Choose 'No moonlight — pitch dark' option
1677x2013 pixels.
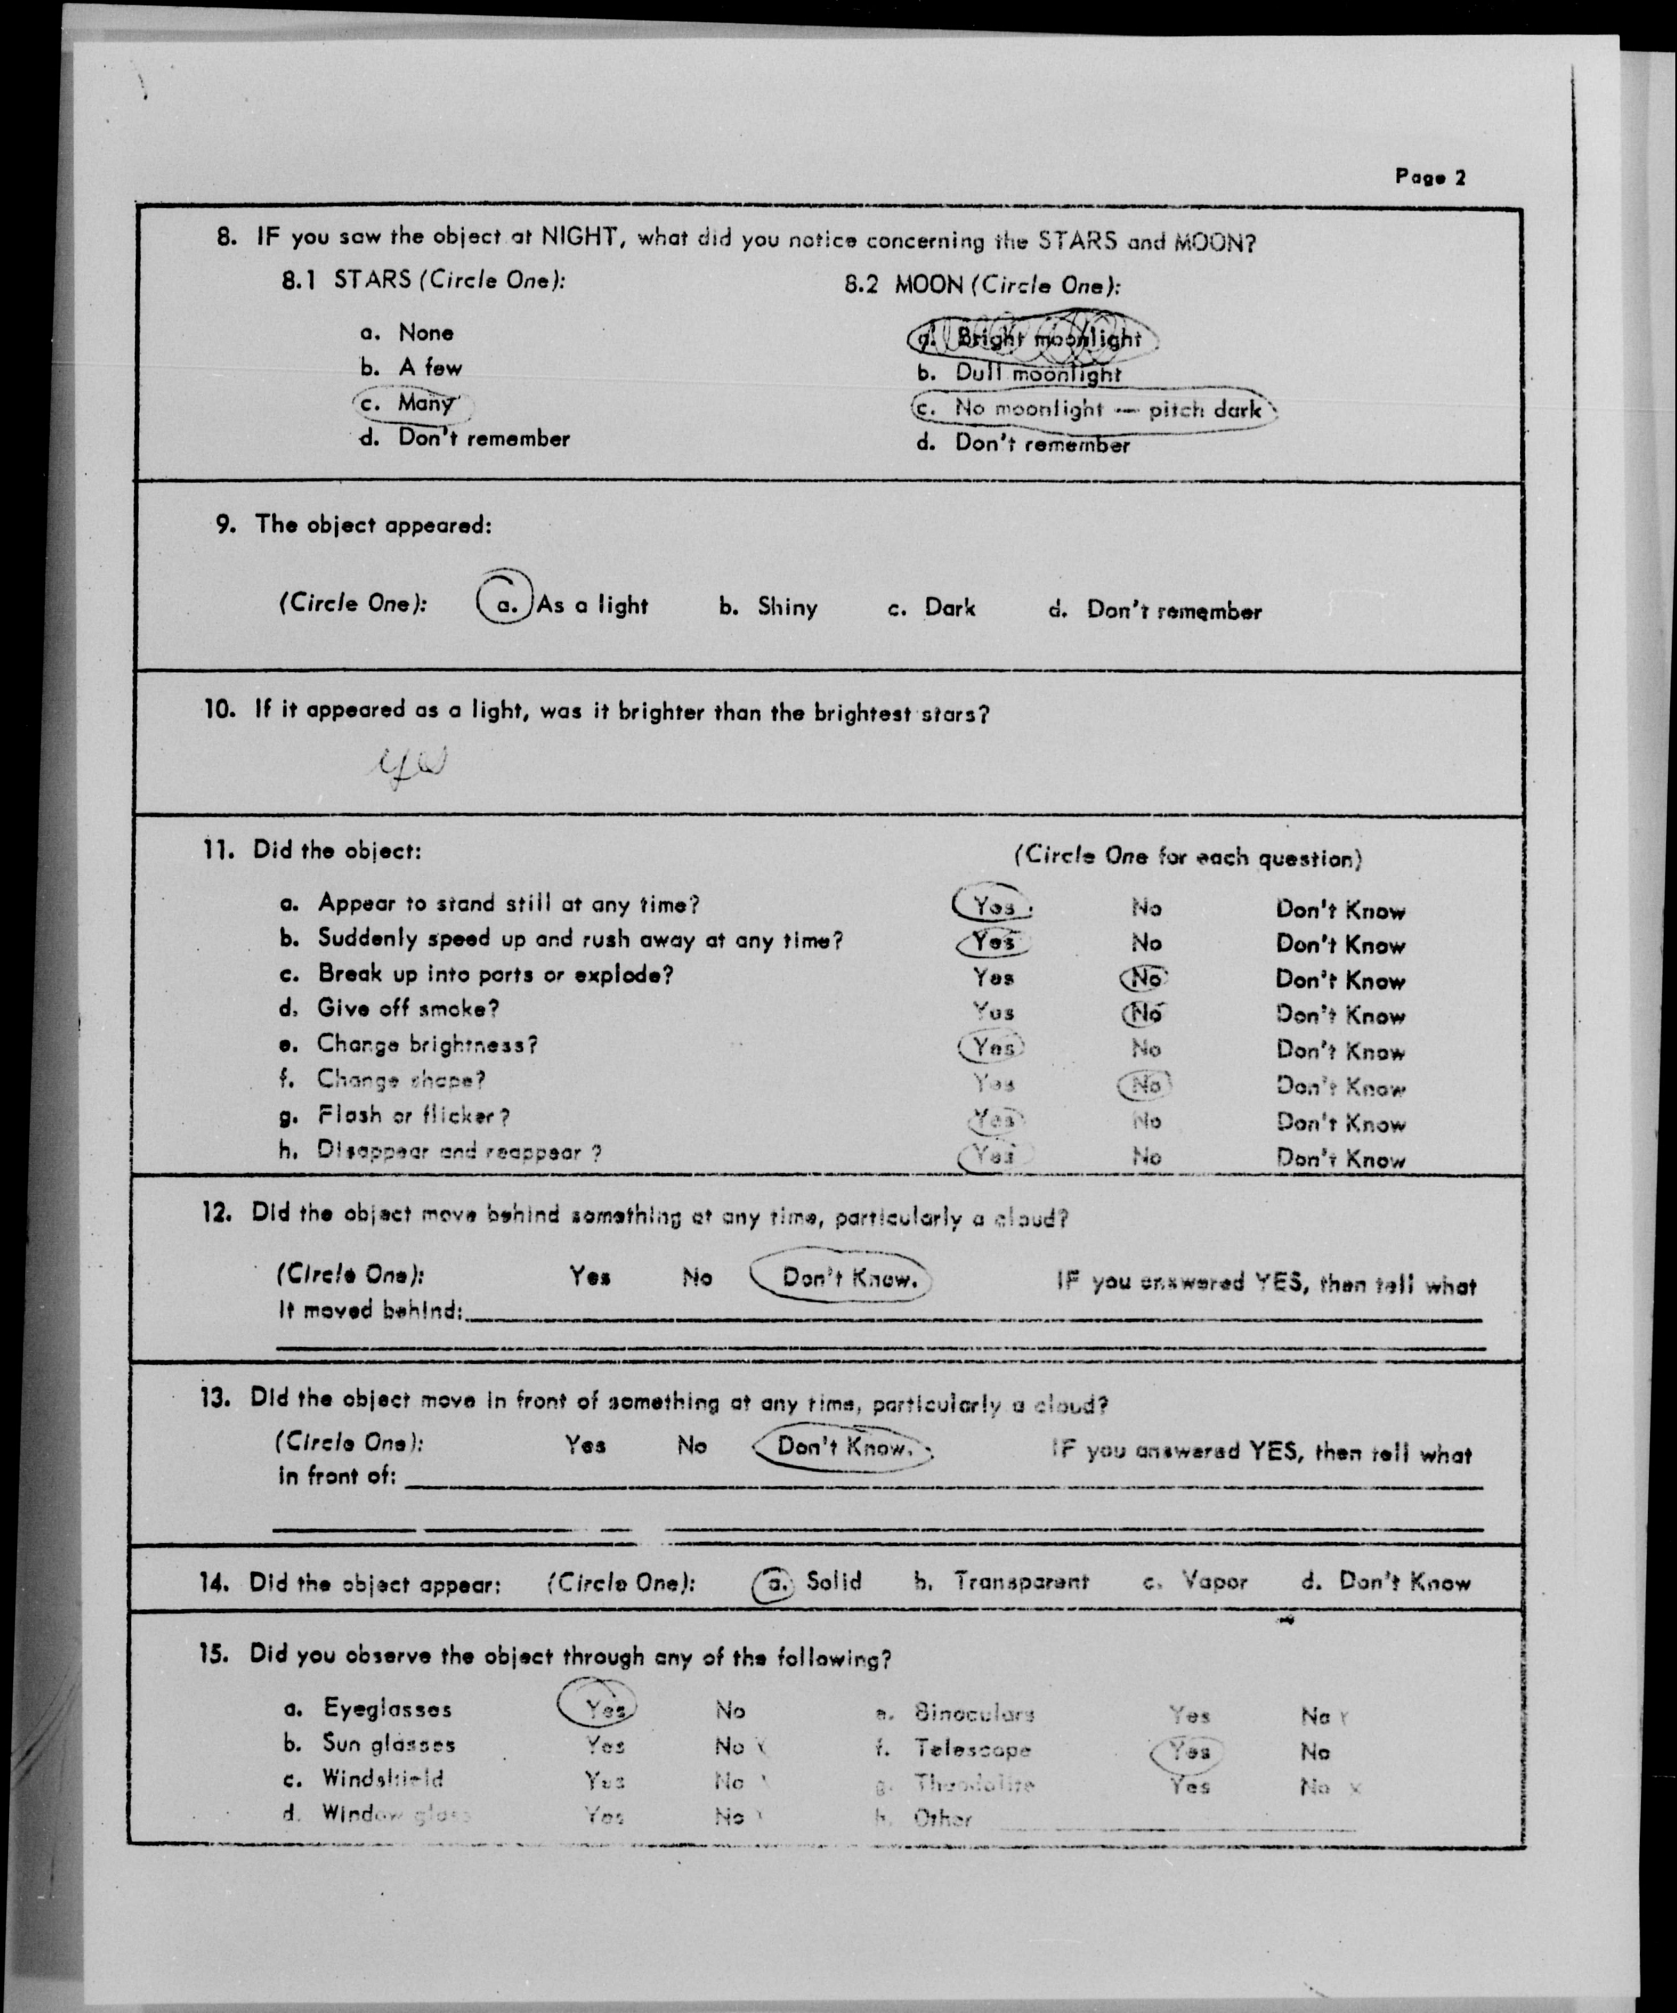click(x=1093, y=409)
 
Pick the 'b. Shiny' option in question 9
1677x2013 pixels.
click(x=768, y=607)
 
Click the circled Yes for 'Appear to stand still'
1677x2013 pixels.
click(x=993, y=906)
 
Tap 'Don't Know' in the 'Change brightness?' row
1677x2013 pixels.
click(x=1339, y=1052)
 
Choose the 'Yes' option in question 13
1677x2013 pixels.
click(x=585, y=1444)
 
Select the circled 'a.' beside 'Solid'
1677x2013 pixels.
click(x=774, y=1584)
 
